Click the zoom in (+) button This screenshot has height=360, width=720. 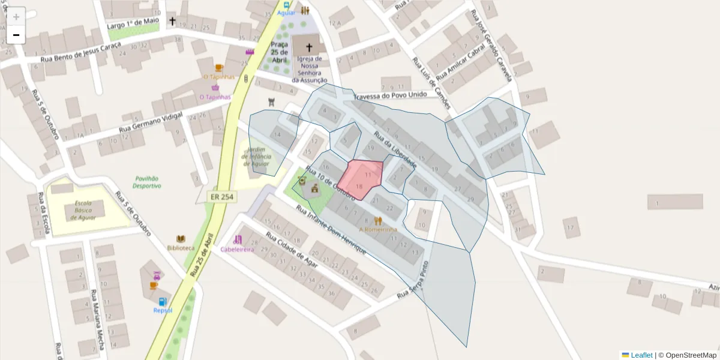pos(16,17)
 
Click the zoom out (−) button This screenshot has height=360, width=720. pos(16,35)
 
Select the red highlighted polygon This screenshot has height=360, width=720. pos(361,179)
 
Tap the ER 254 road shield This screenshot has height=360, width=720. pos(222,196)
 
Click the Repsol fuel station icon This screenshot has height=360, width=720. pos(162,301)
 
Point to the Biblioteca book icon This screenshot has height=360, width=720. pos(181,239)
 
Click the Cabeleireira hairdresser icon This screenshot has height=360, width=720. pos(238,239)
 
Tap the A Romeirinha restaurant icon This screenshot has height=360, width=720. pos(378,220)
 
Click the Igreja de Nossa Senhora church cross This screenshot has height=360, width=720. pos(310,46)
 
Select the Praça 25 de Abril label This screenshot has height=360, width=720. pos(279,52)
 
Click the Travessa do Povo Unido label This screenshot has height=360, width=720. pos(391,95)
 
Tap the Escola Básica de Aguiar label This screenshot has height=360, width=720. pos(83,210)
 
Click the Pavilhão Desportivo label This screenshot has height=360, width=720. pos(148,182)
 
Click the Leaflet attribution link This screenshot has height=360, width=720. pos(641,355)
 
